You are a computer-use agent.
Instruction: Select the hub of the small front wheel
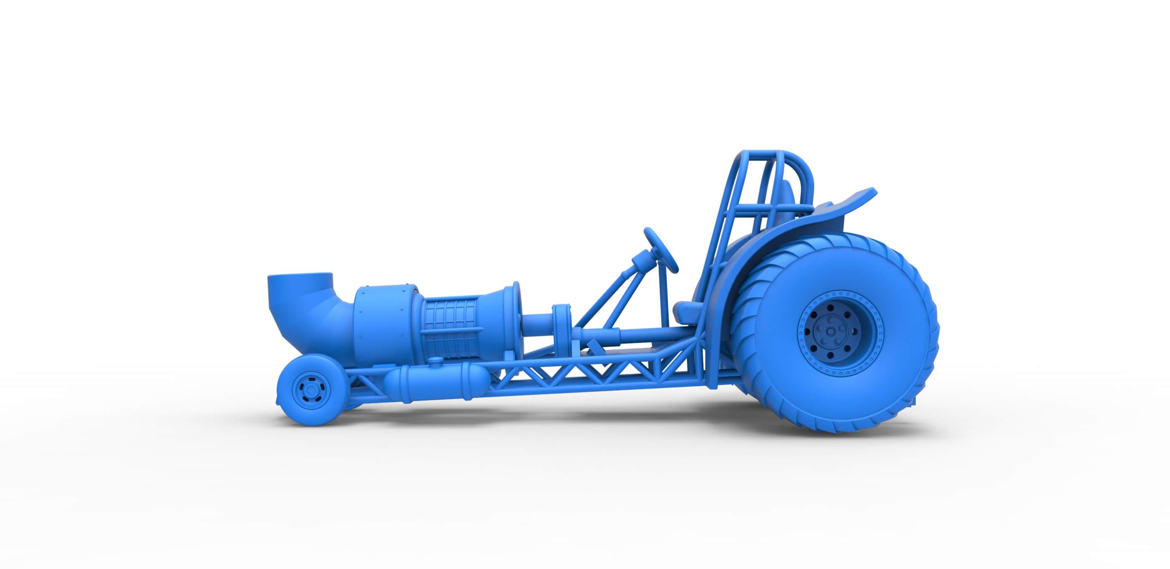pos(311,390)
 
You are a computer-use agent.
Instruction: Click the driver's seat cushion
pos(689,312)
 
